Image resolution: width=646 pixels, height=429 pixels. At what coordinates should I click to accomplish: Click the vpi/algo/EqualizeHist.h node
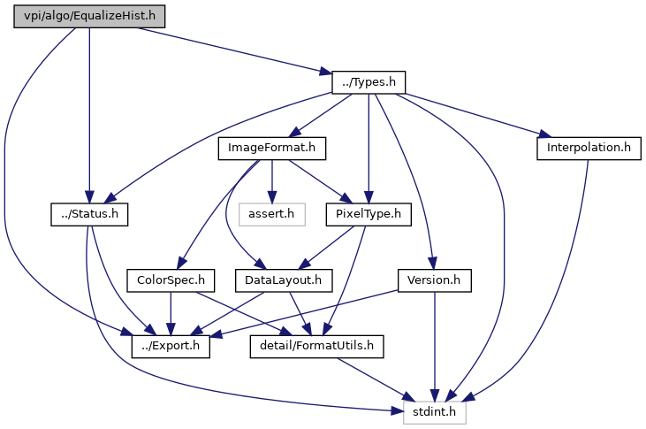89,17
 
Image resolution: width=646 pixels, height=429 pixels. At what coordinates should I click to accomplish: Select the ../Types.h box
369,82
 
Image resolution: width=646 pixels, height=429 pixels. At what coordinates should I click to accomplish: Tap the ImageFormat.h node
272,148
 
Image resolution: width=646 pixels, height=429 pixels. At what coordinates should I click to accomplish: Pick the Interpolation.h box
589,148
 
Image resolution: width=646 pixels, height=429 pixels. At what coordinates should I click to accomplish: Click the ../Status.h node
89,214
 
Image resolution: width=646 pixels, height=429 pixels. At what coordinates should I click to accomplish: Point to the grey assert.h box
272,214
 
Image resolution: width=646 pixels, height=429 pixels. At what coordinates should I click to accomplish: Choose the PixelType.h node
369,214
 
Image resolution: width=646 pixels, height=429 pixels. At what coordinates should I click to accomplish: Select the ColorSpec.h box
171,280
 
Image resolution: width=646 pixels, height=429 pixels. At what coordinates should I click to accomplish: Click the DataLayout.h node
284,280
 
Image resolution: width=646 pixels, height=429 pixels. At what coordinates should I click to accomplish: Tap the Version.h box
434,280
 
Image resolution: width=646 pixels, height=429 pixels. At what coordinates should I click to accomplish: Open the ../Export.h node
171,346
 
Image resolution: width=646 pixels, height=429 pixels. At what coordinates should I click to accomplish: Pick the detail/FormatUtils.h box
317,346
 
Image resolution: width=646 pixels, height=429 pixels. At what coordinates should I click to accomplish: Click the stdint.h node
435,412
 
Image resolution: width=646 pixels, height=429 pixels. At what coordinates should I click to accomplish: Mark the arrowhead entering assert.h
272,197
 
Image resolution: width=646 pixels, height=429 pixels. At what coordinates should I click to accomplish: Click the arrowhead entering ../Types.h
326,73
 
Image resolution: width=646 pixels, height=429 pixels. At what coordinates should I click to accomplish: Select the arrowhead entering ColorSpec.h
181,264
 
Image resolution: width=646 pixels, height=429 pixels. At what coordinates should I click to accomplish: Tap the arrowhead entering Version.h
432,264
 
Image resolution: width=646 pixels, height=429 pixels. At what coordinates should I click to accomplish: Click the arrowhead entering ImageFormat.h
294,133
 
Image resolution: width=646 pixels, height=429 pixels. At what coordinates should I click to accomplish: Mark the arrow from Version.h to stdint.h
434,347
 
